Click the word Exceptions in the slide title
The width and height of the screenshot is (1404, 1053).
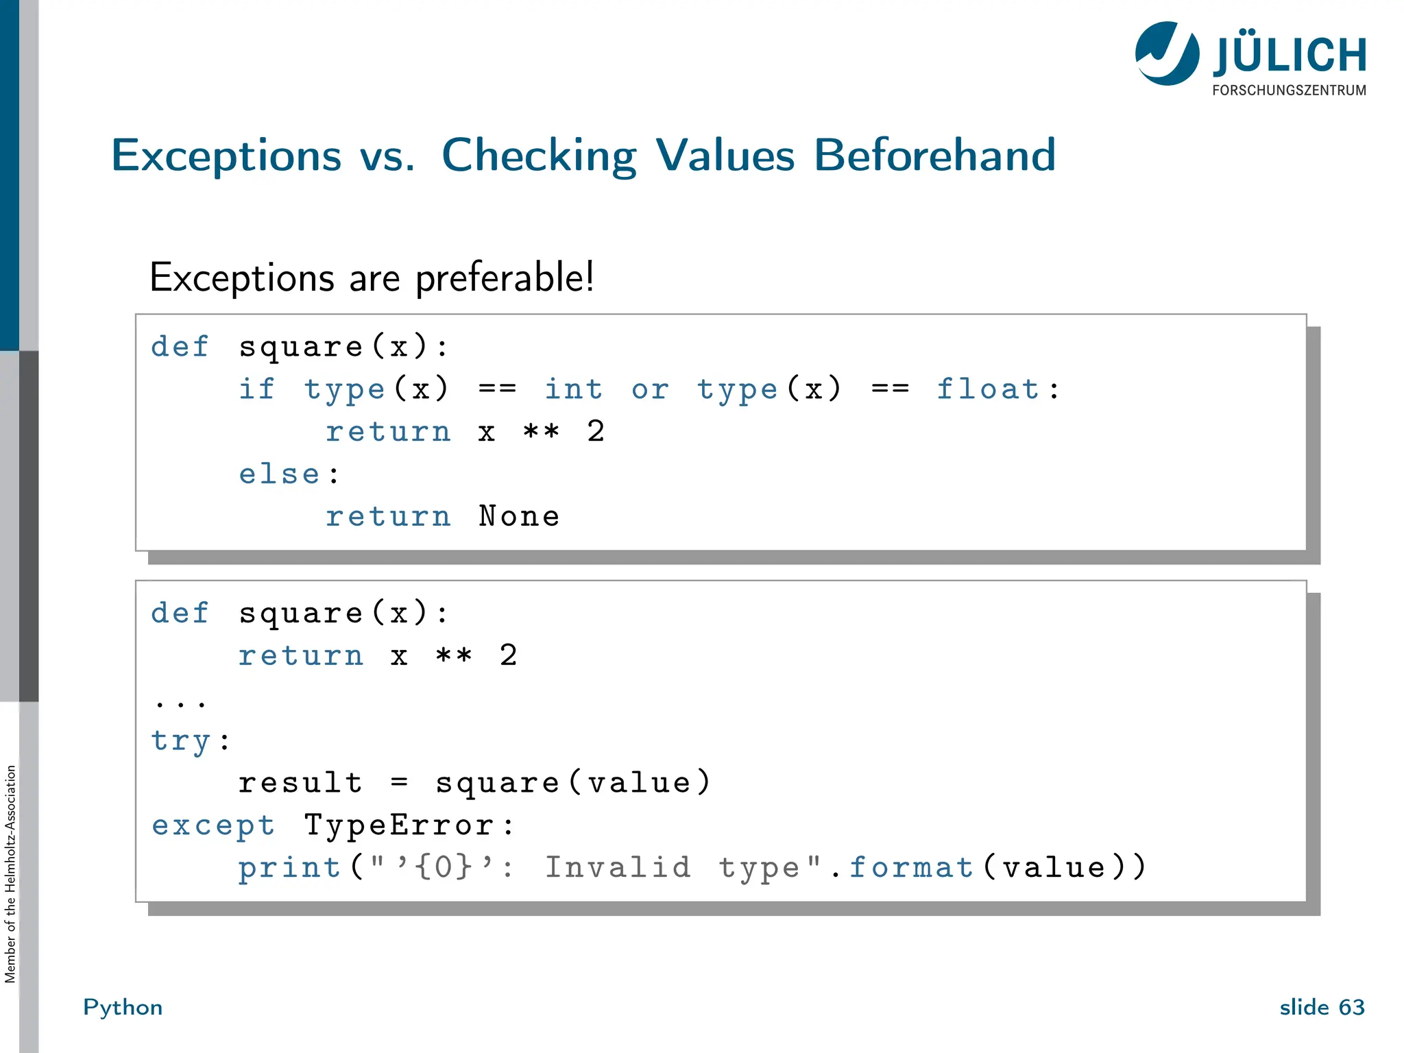pyautogui.click(x=226, y=156)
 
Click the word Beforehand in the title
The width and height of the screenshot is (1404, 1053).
pyautogui.click(x=934, y=156)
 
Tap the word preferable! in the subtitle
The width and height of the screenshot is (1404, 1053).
pyautogui.click(x=505, y=278)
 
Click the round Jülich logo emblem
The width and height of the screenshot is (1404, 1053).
pyautogui.click(x=1167, y=53)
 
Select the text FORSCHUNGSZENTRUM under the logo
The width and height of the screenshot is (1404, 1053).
pyautogui.click(x=1289, y=90)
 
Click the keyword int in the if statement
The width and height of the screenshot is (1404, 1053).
pyautogui.click(x=573, y=389)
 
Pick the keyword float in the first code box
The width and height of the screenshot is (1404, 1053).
pyautogui.click(x=988, y=389)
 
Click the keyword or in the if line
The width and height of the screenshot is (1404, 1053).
pyautogui.click(x=650, y=389)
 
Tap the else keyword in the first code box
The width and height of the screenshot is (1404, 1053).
pyautogui.click(x=280, y=474)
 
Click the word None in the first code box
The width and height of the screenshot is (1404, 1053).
pyautogui.click(x=519, y=517)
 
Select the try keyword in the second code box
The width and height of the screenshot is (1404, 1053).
pyautogui.click(x=181, y=741)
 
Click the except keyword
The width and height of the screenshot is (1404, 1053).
pyautogui.click(x=213, y=825)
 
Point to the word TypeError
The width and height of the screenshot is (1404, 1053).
pyautogui.click(x=399, y=825)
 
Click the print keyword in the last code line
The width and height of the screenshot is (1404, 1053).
pyautogui.click(x=289, y=869)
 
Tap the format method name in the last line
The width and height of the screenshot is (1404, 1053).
pyautogui.click(x=911, y=868)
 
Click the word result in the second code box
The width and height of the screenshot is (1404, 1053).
pyautogui.click(x=300, y=783)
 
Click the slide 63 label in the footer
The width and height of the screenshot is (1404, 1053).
pyautogui.click(x=1322, y=1007)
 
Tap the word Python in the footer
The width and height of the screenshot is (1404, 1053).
pyautogui.click(x=123, y=1007)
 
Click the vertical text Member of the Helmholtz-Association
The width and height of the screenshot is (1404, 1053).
pyautogui.click(x=10, y=874)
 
